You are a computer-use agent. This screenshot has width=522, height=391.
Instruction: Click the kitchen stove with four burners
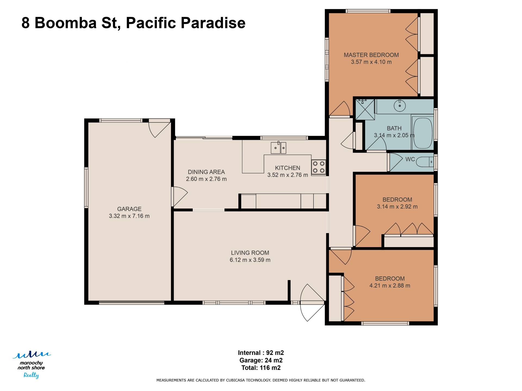318,167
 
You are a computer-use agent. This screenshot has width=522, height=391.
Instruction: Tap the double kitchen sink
278,148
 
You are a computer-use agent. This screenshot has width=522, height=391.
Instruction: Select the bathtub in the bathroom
422,133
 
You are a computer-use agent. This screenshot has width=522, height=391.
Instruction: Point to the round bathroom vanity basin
400,105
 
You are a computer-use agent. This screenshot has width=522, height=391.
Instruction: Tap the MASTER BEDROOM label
371,55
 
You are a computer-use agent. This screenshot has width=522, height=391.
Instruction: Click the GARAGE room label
129,209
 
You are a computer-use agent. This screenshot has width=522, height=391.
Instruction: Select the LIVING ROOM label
250,253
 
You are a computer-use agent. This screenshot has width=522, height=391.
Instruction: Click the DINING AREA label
206,172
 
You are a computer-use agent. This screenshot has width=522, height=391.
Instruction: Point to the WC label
410,159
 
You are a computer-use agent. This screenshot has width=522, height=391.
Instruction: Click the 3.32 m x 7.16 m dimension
129,216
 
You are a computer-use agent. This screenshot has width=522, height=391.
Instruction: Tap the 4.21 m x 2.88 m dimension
390,286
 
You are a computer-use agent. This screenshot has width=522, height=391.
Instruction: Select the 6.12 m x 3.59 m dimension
250,260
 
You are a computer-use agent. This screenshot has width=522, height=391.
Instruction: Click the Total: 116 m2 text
261,368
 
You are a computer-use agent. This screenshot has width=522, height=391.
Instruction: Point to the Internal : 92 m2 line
261,353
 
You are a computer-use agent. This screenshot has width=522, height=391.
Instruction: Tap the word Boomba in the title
66,23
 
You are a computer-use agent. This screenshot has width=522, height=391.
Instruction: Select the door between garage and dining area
179,197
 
